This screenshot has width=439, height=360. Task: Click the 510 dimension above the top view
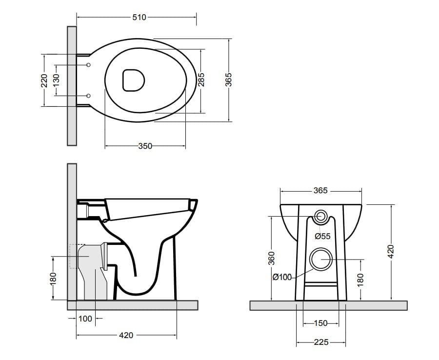139,18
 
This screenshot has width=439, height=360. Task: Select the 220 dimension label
44,80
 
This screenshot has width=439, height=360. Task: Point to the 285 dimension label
200,80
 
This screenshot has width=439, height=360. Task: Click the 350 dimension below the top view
145,146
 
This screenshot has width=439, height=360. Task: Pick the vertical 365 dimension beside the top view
228,80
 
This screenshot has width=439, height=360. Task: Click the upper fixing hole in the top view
88,65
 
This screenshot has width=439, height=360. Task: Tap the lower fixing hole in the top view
88,95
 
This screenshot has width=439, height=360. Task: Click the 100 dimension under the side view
85,319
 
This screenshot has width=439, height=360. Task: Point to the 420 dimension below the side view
126,336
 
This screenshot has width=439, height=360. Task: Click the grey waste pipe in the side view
93,273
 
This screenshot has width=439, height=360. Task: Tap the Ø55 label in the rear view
322,236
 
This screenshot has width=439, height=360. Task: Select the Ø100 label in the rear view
282,277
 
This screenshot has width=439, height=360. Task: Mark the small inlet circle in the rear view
322,217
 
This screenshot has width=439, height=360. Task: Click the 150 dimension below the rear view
320,323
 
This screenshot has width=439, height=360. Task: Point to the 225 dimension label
320,343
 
